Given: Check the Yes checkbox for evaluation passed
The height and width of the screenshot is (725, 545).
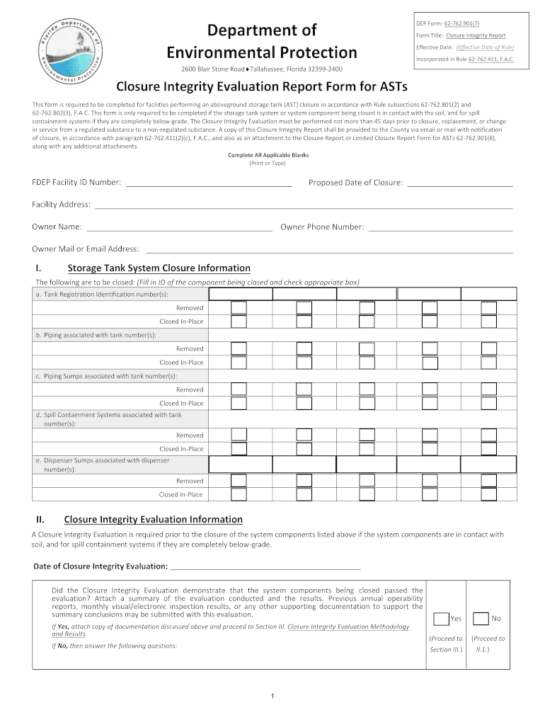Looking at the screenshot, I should (441, 618).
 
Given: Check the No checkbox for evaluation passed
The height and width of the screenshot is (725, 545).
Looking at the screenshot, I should (481, 618).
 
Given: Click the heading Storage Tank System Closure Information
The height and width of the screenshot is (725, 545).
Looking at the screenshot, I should (159, 268).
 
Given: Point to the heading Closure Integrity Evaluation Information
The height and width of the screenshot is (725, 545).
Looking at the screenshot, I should (153, 519).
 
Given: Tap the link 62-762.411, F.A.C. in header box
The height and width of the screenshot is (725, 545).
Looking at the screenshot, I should (490, 59).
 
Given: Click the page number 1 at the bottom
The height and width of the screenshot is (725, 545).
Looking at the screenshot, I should (272, 697).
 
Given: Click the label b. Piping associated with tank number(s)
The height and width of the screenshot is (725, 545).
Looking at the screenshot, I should (96, 335).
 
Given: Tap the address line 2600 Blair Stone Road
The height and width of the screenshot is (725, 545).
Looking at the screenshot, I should (212, 69).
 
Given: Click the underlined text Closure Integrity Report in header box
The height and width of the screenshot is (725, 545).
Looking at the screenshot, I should (476, 35).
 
